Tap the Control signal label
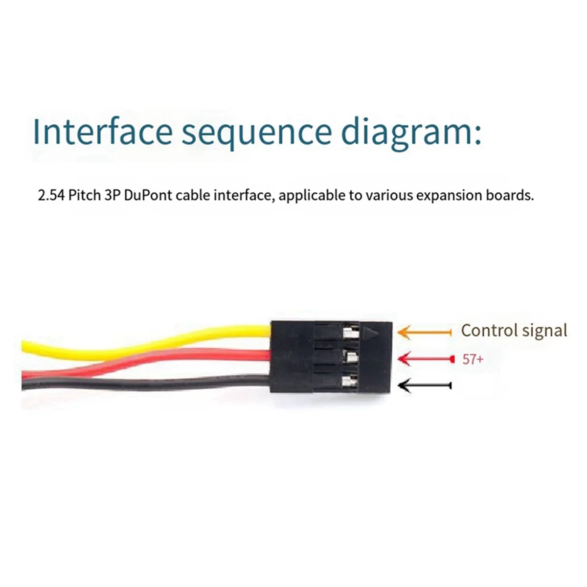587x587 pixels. (x=514, y=331)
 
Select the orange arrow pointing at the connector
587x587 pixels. (x=424, y=333)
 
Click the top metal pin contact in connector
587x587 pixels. (x=349, y=334)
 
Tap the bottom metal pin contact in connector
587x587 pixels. (x=349, y=380)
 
